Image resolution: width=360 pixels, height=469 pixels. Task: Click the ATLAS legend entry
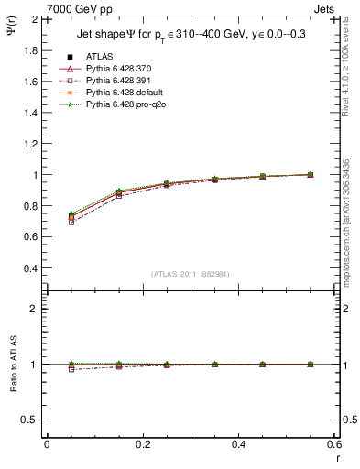(x=99, y=56)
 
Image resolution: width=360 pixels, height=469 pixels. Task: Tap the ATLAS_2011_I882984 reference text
(x=191, y=274)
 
